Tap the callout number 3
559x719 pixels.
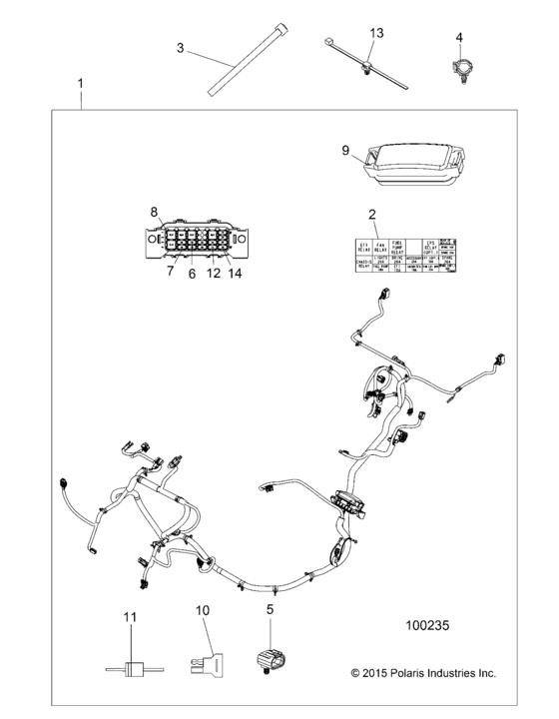pyautogui.click(x=181, y=47)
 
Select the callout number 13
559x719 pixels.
pyautogui.click(x=376, y=34)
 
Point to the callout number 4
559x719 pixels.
pyautogui.click(x=460, y=38)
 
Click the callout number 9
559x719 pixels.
pyautogui.click(x=345, y=151)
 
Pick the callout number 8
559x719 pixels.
pyautogui.click(x=155, y=211)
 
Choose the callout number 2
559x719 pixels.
pyautogui.click(x=371, y=214)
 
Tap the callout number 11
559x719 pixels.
pyautogui.click(x=128, y=618)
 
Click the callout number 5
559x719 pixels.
pyautogui.click(x=271, y=608)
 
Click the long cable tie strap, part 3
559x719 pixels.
pyautogui.click(x=241, y=66)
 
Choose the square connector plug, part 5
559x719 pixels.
pyautogui.click(x=275, y=658)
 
